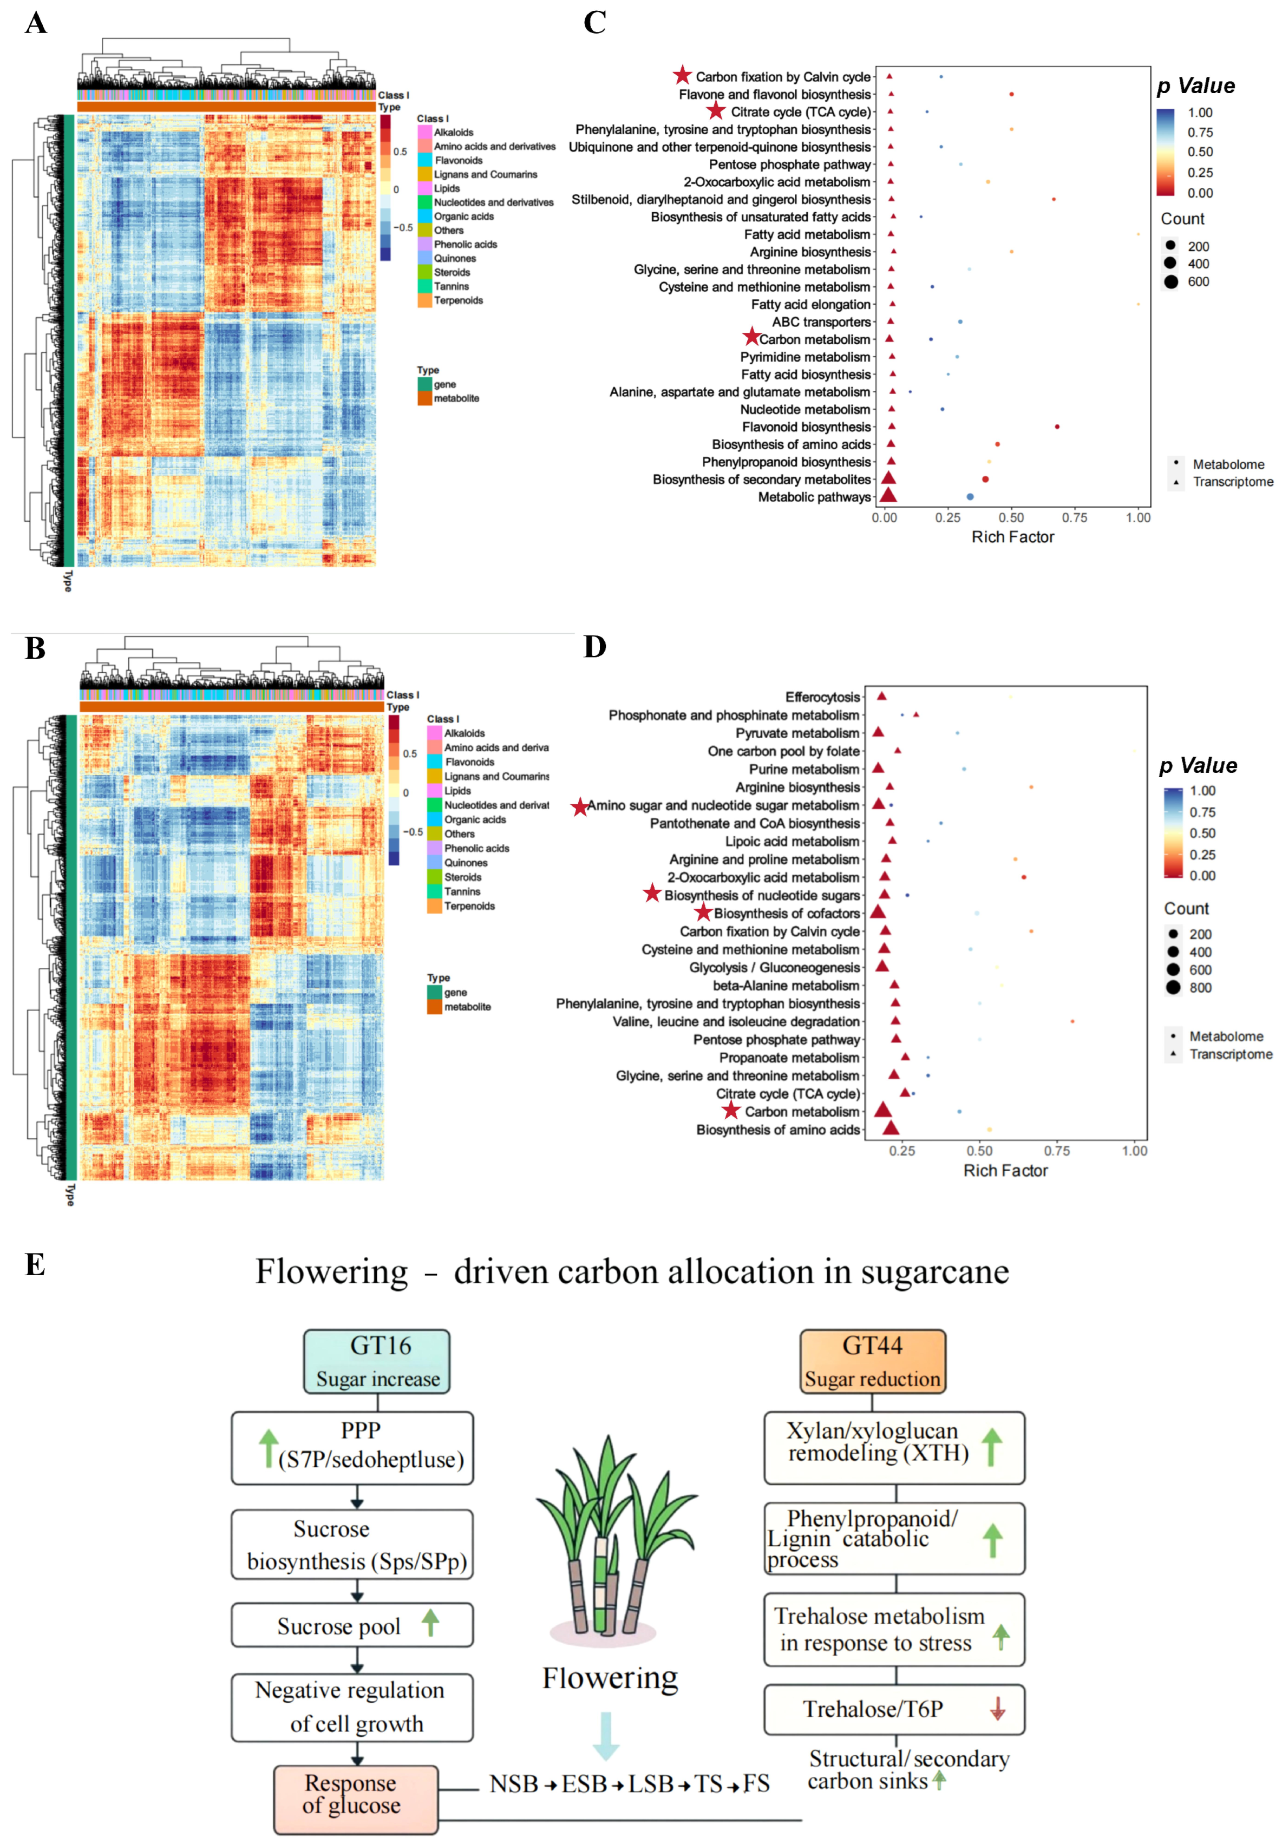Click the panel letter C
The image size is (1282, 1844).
(594, 23)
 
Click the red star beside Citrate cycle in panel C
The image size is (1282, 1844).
(716, 111)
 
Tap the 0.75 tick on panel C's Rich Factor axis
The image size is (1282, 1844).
(1075, 518)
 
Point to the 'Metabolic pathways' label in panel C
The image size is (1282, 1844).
(814, 497)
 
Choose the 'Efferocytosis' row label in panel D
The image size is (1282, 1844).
(822, 697)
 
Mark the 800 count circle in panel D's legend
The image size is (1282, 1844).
(1174, 988)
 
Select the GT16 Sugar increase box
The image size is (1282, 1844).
(377, 1361)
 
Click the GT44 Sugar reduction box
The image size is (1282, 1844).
(872, 1361)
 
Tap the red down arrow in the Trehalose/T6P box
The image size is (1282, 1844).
(998, 1708)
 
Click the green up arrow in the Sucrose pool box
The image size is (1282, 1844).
(430, 1622)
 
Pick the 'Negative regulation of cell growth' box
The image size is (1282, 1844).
(352, 1707)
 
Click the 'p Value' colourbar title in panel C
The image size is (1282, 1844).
(1195, 86)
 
